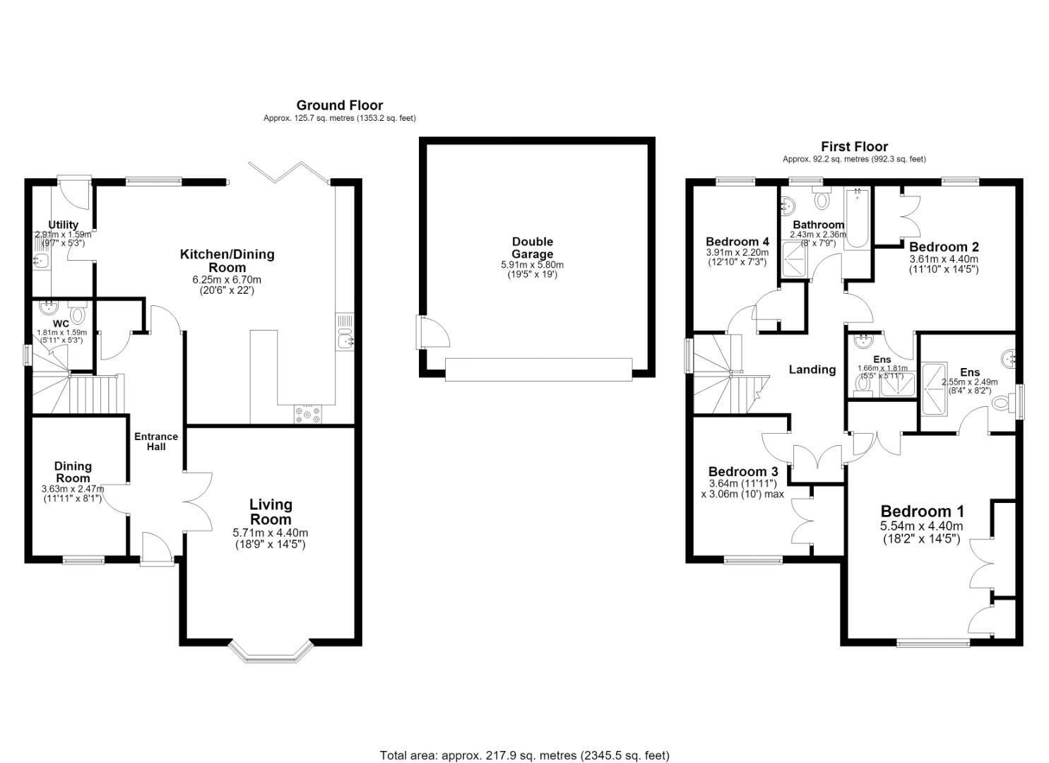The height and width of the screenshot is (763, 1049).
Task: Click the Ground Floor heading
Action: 340,105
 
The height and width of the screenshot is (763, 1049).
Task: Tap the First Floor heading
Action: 854,147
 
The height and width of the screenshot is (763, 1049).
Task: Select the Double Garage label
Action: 533,248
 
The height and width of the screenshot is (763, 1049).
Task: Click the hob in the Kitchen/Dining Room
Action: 308,415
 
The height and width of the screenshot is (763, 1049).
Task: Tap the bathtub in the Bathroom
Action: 857,218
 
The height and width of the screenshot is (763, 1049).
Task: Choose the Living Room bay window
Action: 271,651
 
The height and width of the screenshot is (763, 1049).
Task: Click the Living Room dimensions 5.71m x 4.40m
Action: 271,533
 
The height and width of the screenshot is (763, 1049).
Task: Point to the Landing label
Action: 812,369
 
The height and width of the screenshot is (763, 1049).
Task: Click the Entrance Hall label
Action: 156,442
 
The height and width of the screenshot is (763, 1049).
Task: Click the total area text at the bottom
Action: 524,743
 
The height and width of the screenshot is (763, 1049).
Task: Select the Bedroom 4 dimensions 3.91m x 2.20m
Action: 737,252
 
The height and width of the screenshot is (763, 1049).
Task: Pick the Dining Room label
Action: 73,472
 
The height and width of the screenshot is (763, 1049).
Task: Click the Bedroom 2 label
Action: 943,247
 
